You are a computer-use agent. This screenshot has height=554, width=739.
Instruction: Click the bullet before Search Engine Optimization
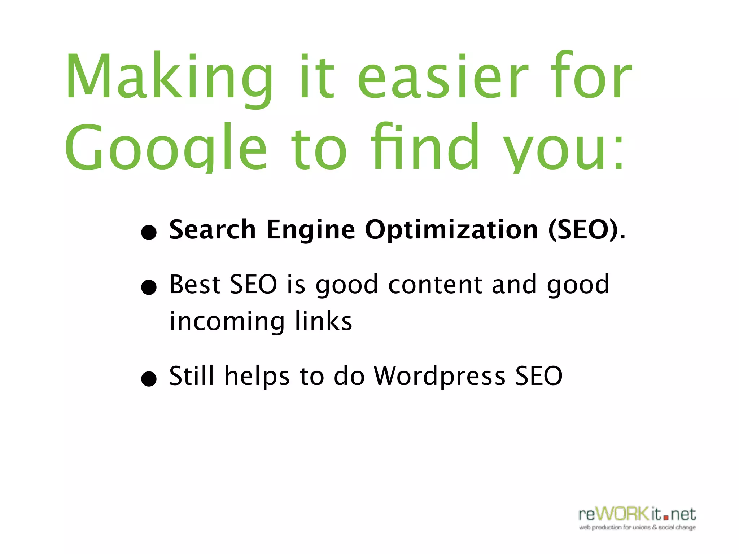pos(149,232)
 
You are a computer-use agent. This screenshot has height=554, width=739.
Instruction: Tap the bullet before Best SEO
pos(149,287)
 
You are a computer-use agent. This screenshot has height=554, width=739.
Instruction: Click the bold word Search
pos(213,229)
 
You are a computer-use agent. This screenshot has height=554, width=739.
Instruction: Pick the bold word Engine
pos(311,230)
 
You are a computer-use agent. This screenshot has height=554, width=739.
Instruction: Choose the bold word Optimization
pos(451,230)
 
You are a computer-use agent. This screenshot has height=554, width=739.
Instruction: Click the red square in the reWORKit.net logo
pos(666,518)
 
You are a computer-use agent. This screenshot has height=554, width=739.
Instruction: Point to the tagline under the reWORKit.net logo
pos(637,528)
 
